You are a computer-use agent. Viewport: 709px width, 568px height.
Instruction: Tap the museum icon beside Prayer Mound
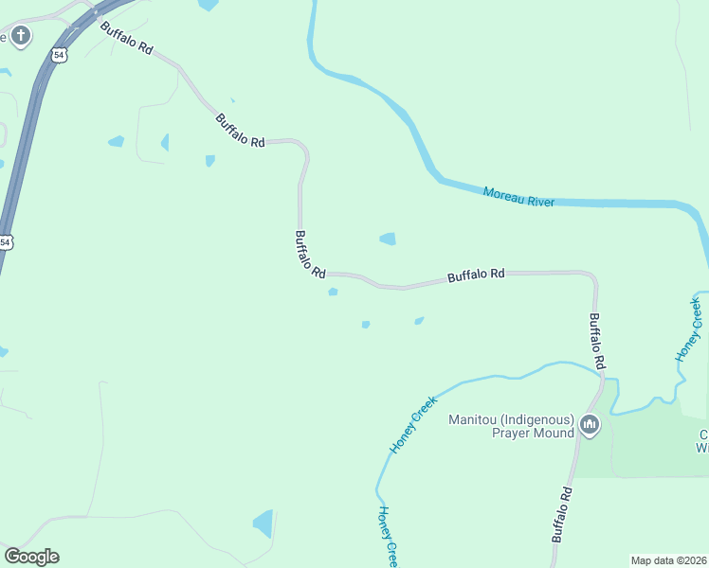[x=591, y=425]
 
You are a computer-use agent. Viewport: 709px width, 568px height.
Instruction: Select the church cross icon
[x=20, y=37]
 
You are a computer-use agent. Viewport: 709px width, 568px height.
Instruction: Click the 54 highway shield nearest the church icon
[x=60, y=56]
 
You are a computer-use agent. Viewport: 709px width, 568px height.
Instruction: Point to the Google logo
[x=31, y=557]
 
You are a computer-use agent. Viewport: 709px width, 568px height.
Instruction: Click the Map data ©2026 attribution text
[x=668, y=560]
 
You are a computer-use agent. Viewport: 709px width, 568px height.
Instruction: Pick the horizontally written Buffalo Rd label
[x=476, y=275]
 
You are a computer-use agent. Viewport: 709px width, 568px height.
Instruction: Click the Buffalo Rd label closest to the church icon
[x=126, y=39]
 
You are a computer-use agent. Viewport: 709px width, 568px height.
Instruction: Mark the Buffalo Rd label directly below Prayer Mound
[x=563, y=513]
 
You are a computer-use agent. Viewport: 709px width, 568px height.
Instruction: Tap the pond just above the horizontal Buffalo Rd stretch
[x=388, y=239]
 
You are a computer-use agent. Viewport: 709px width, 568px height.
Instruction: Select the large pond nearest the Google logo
[x=264, y=522]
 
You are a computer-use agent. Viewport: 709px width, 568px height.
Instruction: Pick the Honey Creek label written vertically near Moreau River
[x=689, y=329]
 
